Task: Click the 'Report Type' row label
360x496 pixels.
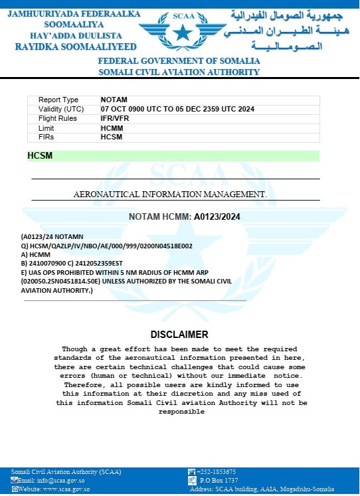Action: click(x=58, y=100)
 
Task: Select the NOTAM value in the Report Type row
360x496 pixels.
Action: click(x=112, y=100)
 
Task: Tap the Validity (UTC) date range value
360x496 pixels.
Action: click(x=177, y=109)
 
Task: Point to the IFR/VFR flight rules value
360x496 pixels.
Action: click(x=115, y=118)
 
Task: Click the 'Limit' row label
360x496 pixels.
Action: click(x=46, y=127)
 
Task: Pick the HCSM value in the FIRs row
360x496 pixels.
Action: click(x=112, y=137)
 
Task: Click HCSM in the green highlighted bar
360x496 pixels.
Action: click(x=40, y=156)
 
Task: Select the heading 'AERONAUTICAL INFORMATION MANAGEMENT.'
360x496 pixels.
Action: click(x=169, y=195)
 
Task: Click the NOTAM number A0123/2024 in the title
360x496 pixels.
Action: click(x=217, y=216)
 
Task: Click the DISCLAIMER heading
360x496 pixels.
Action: click(x=179, y=335)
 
